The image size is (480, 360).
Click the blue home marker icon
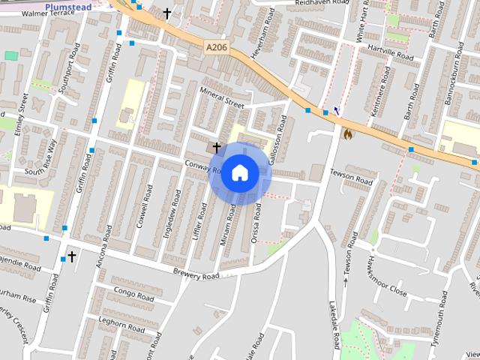[x=239, y=172]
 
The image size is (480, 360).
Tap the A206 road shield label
[x=216, y=47]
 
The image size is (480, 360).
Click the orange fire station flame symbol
[x=347, y=133]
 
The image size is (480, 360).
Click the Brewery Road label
[x=196, y=276]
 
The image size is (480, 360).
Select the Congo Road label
[x=133, y=289]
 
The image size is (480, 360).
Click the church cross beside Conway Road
[x=217, y=148]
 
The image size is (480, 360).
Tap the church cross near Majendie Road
[x=72, y=256]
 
